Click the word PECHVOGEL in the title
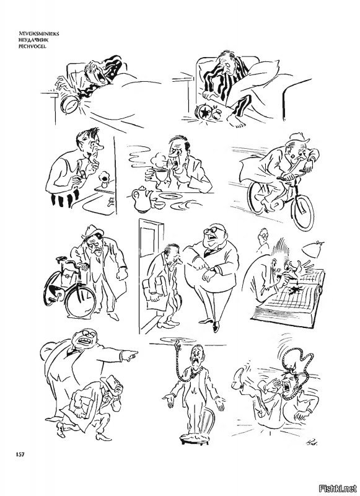[31, 46]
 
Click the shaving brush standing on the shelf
[104, 179]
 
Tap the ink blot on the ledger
[297, 288]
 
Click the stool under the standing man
[195, 437]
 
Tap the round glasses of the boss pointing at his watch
[211, 230]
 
